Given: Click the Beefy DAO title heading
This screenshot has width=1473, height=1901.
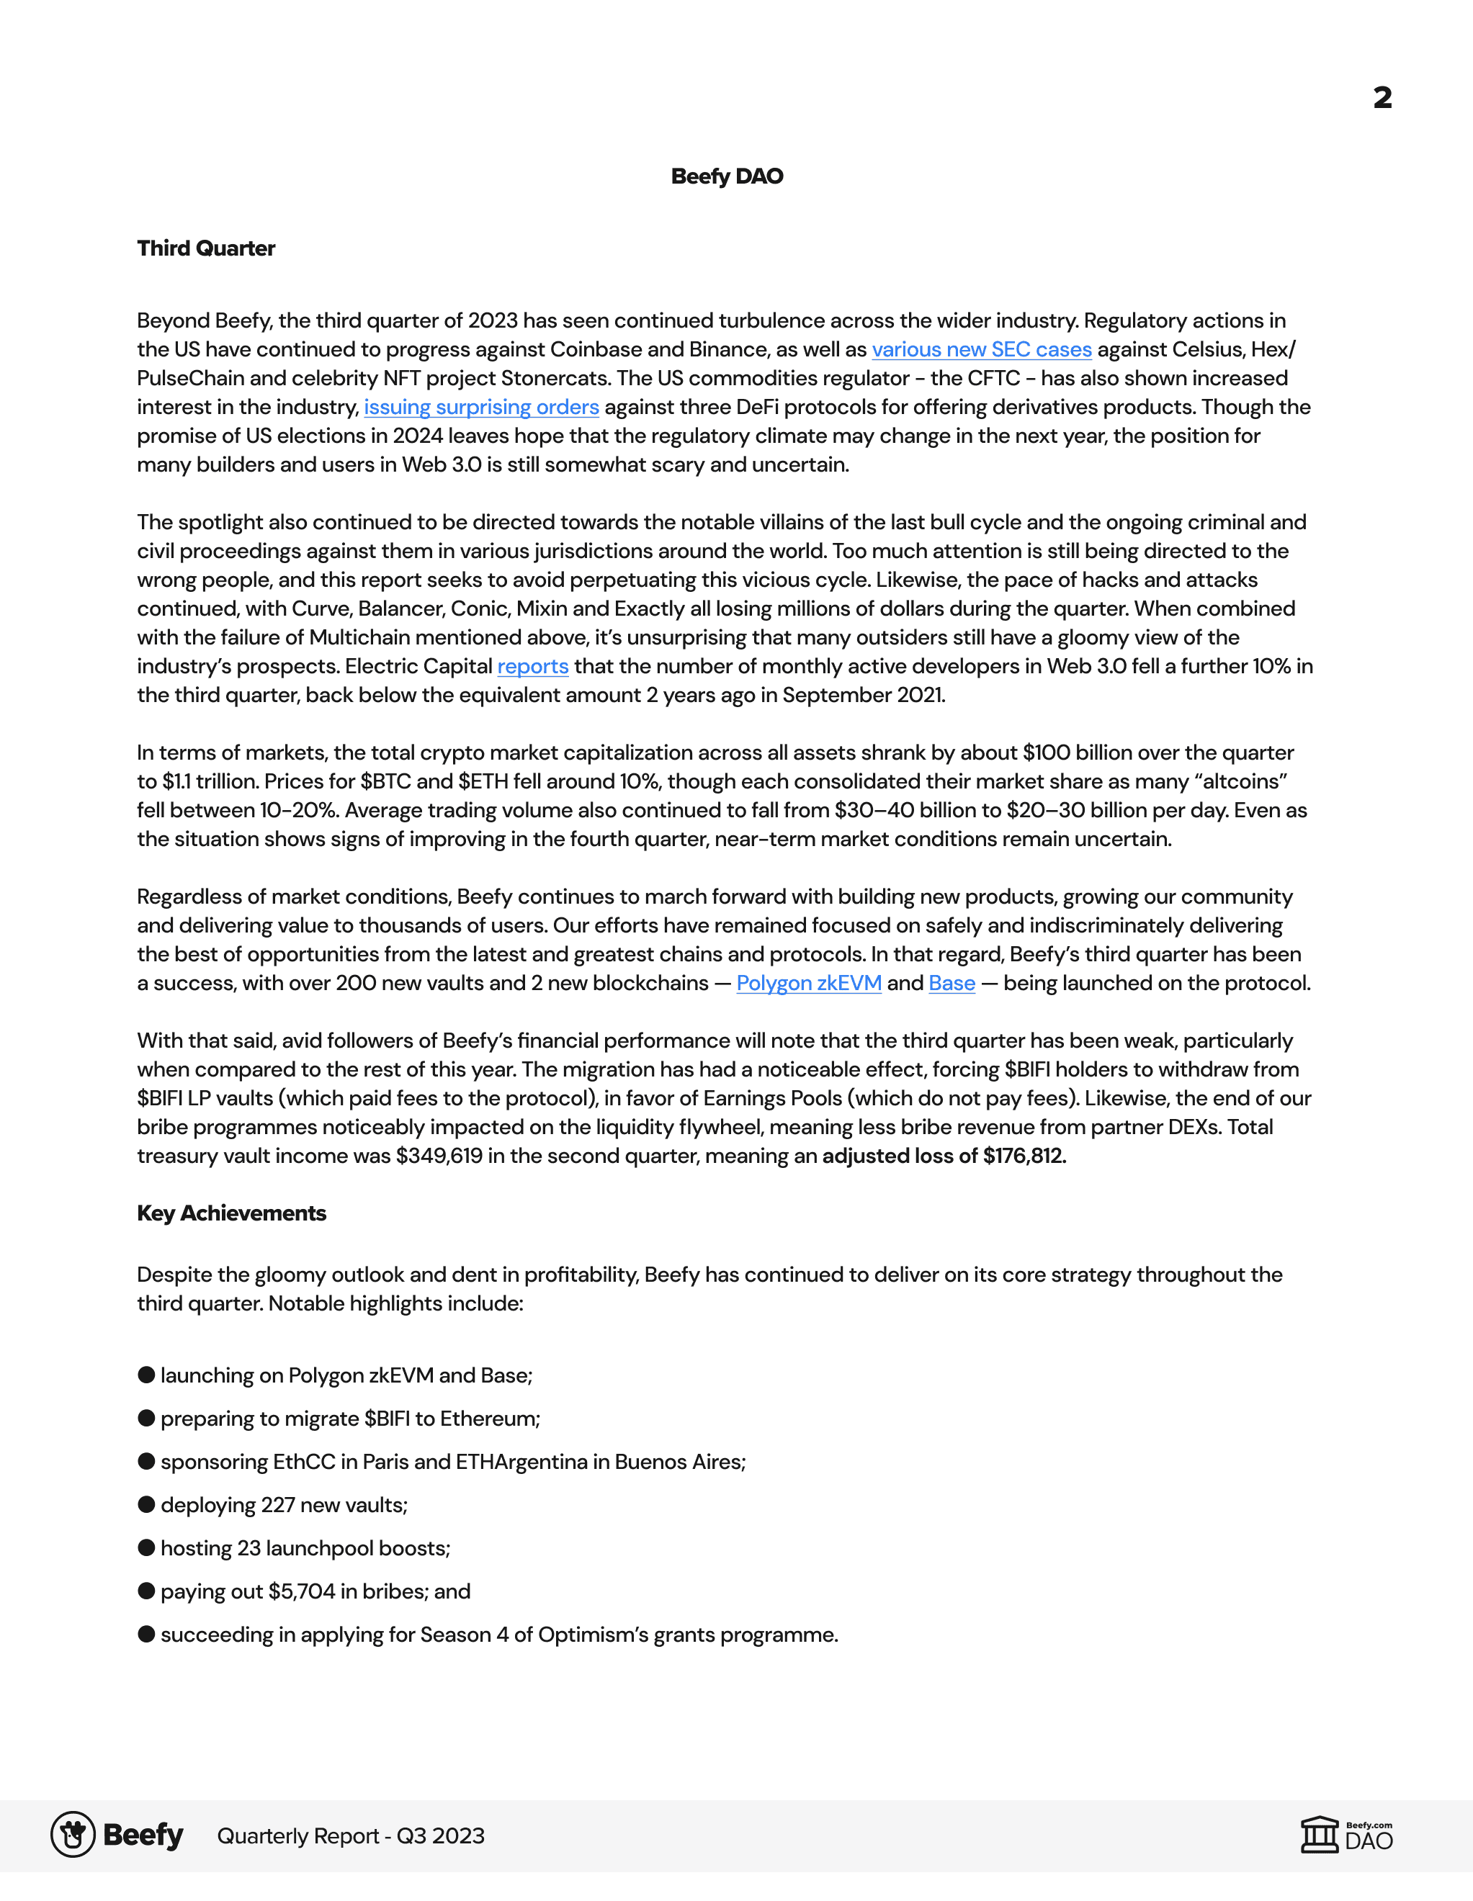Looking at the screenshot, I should (727, 176).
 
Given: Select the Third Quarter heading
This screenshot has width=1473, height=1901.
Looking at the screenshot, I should (205, 249).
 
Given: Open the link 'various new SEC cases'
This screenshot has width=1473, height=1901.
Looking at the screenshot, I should (981, 350).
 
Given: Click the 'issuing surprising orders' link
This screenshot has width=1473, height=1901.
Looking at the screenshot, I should (480, 408).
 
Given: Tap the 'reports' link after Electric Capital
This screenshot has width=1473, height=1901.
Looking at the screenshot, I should (533, 667).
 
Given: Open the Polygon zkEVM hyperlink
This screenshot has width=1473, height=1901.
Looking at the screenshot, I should (809, 984).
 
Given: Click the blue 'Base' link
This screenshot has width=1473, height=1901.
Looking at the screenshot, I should (952, 984).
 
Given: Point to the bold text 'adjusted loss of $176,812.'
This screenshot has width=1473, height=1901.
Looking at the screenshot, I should (944, 1156).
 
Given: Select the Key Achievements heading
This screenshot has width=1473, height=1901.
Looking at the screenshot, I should (231, 1213).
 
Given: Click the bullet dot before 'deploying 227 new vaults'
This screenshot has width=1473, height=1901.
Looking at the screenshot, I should (146, 1504).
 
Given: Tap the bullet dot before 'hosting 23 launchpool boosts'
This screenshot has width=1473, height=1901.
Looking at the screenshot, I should (146, 1547).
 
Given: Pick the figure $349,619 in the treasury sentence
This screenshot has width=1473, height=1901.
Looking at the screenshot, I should (439, 1156).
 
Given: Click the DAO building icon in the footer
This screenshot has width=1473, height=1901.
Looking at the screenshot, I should (1319, 1835).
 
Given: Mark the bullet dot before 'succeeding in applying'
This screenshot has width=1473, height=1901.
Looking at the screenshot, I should (146, 1634).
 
